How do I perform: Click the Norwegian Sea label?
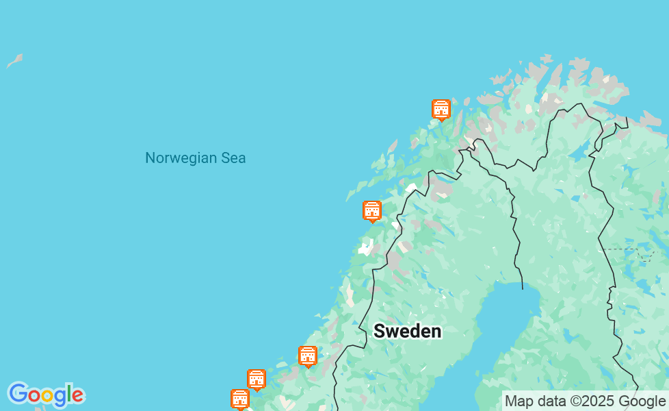[x=195, y=158]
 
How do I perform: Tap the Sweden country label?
[x=407, y=332]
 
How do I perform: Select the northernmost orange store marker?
[x=441, y=109]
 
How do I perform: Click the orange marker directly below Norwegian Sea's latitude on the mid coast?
[x=371, y=210]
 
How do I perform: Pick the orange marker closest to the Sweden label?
[x=308, y=356]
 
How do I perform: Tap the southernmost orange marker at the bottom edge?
[x=240, y=398]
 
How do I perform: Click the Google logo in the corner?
[x=46, y=395]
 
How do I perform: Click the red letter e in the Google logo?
[x=77, y=396]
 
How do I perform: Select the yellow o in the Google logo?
[x=47, y=396]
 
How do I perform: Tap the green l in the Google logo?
[x=69, y=394]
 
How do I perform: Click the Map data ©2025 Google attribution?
[x=585, y=401]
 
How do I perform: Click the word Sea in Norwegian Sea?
[x=233, y=158]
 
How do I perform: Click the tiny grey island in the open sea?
[x=14, y=61]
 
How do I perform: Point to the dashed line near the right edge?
[x=626, y=249]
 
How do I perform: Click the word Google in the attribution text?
[x=642, y=401]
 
